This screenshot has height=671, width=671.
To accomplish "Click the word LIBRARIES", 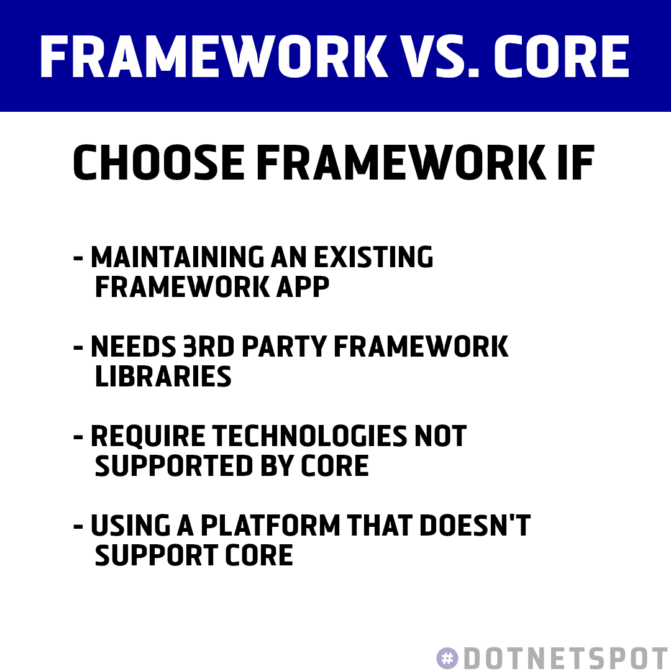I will (163, 377).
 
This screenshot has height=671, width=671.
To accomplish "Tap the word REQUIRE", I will (148, 436).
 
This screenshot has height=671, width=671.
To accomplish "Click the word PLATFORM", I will (270, 526).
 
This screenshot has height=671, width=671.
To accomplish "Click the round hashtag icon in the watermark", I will (447, 658).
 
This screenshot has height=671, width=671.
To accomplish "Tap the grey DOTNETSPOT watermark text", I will (565, 658).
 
